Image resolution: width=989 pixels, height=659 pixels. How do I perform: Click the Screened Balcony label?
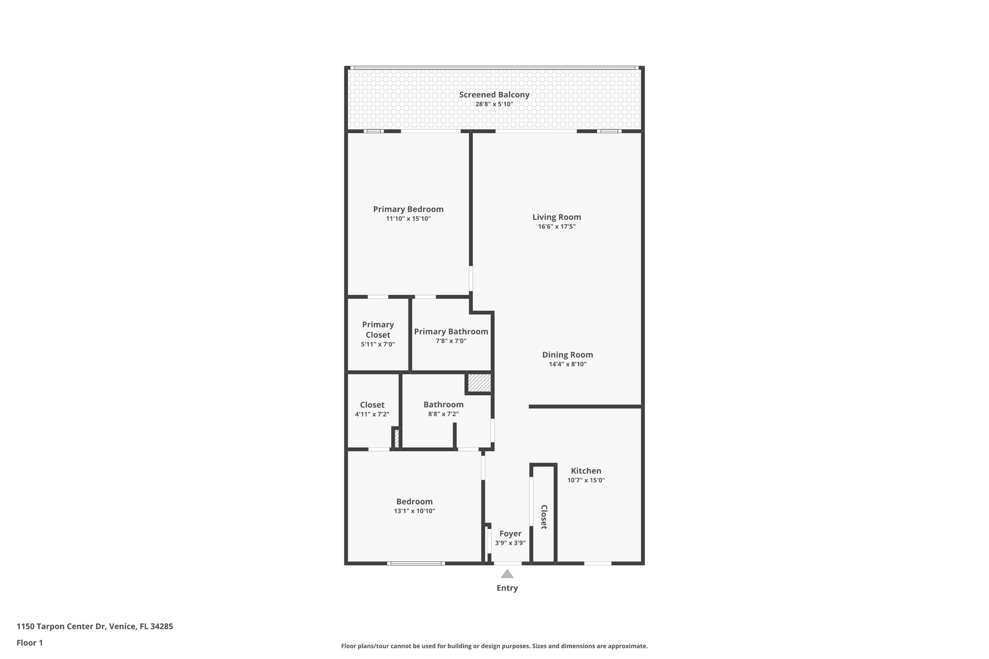click(494, 95)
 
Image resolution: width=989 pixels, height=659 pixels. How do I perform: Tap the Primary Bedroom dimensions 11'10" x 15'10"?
click(408, 219)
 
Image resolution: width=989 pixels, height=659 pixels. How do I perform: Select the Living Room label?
click(556, 217)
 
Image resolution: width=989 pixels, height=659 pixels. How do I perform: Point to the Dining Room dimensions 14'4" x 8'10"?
click(567, 364)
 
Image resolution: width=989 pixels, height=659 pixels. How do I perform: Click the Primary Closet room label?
click(378, 330)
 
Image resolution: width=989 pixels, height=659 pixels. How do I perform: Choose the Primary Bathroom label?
click(451, 332)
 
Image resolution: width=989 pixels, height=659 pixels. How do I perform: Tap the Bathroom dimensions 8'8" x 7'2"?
click(443, 414)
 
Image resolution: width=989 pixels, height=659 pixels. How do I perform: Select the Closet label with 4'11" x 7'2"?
click(372, 405)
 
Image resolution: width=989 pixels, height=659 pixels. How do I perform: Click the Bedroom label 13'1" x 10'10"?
click(414, 502)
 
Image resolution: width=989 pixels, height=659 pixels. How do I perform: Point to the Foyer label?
click(510, 533)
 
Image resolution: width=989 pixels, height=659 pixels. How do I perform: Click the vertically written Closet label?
click(544, 517)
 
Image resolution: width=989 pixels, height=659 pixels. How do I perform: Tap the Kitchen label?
click(586, 471)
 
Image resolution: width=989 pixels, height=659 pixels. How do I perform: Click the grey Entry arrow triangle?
click(507, 574)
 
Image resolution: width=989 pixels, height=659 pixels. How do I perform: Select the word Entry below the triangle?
click(507, 588)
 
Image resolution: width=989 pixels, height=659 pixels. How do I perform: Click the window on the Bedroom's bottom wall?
click(415, 563)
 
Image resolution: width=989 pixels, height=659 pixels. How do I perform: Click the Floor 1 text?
click(29, 643)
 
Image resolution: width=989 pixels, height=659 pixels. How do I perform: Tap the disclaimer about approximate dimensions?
click(494, 646)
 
